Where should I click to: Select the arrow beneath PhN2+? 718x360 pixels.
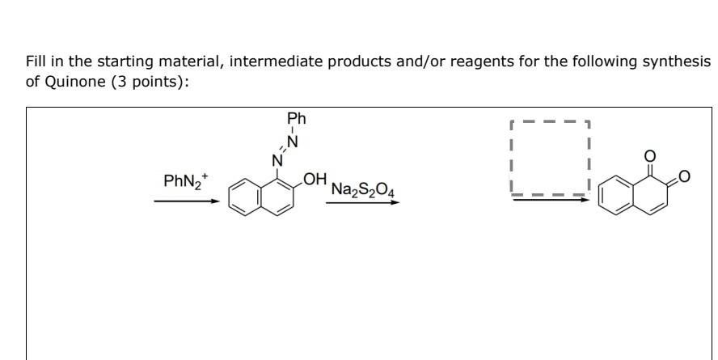tap(186, 202)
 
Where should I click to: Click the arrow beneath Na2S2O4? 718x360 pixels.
tap(362, 202)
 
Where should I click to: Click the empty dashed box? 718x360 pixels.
tap(551, 158)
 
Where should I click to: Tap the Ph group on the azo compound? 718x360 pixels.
tap(297, 119)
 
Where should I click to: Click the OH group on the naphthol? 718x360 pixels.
tap(315, 178)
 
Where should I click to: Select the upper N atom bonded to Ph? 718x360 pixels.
tap(294, 142)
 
